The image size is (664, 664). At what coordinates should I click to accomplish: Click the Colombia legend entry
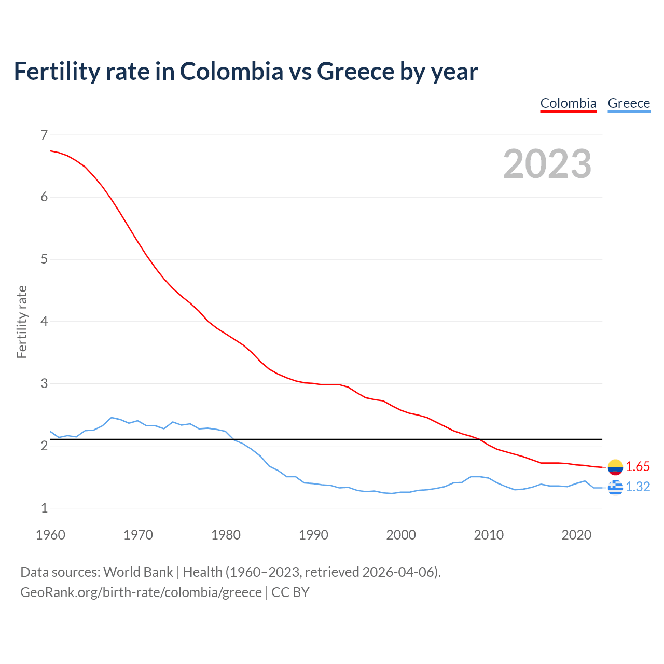pyautogui.click(x=569, y=103)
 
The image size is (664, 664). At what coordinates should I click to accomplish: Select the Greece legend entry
pyautogui.click(x=629, y=103)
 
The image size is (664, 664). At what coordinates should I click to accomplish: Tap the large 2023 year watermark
pyautogui.click(x=547, y=164)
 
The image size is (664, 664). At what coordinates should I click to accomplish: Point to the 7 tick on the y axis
pyautogui.click(x=44, y=135)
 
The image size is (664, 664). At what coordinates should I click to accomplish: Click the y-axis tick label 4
pyautogui.click(x=44, y=322)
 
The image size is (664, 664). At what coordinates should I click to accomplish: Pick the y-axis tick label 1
pyautogui.click(x=44, y=508)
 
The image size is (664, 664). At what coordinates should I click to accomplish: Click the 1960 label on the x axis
pyautogui.click(x=50, y=535)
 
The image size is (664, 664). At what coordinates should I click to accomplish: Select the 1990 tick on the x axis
pyautogui.click(x=313, y=535)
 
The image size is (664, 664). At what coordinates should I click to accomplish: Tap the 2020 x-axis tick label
pyautogui.click(x=576, y=535)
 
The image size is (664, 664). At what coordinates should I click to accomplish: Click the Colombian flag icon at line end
pyautogui.click(x=615, y=467)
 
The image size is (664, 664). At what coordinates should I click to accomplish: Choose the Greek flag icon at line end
pyautogui.click(x=615, y=487)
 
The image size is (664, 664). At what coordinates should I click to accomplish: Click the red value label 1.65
pyautogui.click(x=638, y=467)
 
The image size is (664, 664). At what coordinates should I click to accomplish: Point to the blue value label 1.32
pyautogui.click(x=638, y=487)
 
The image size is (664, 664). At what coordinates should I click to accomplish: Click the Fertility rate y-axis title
pyautogui.click(x=22, y=322)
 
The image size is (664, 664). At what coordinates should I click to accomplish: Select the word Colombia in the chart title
pyautogui.click(x=231, y=72)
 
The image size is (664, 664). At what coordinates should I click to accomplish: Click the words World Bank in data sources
pyautogui.click(x=138, y=572)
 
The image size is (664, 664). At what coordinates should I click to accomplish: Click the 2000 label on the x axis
pyautogui.click(x=401, y=535)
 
